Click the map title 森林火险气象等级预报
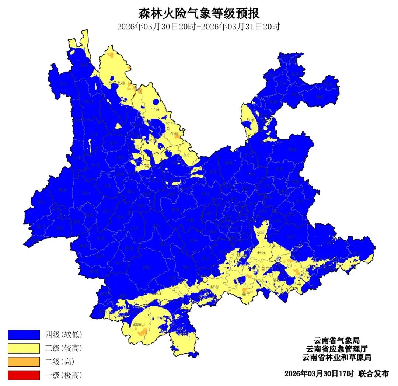tap(199, 14)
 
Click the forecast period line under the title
tap(199, 27)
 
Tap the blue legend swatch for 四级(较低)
tap(24, 334)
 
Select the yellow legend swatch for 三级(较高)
tap(24, 348)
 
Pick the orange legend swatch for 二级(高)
tap(24, 362)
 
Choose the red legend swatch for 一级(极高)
tap(24, 375)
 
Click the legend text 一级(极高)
tap(63, 375)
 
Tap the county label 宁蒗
tap(155, 109)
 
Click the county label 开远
tap(261, 253)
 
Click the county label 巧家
tap(250, 119)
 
